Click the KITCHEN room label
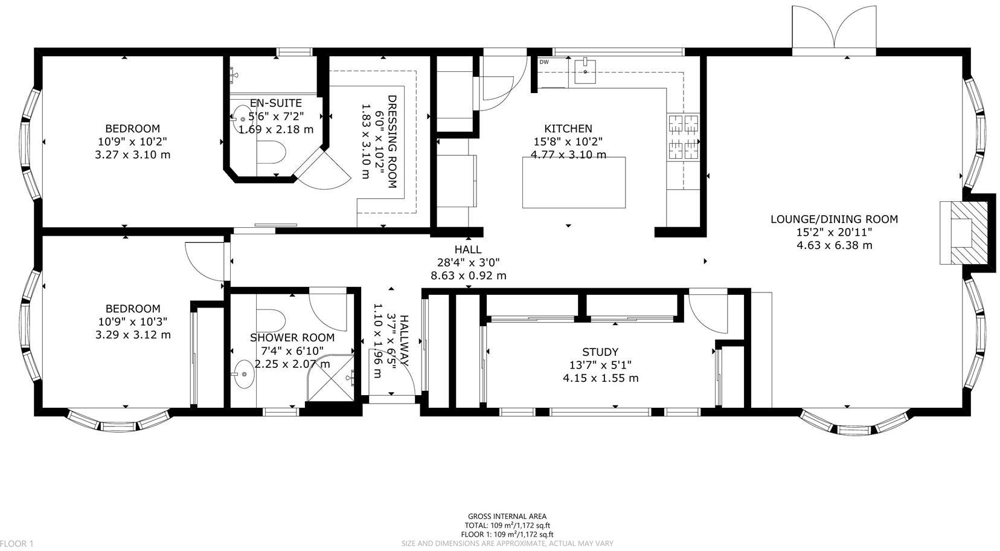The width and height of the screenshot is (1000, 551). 568,129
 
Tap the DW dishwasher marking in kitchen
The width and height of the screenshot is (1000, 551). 543,62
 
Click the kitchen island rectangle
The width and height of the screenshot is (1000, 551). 573,182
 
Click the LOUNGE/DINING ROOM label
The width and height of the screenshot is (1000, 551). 834,219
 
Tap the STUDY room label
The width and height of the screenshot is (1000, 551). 600,352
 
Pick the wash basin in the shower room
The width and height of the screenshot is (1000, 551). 244,375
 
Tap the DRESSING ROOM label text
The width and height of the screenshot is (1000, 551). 391,141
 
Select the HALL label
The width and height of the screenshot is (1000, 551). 467,250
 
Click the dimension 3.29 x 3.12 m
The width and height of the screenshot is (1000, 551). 133,335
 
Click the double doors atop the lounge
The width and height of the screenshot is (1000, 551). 834,30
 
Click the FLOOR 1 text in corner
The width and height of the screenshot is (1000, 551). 16,544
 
